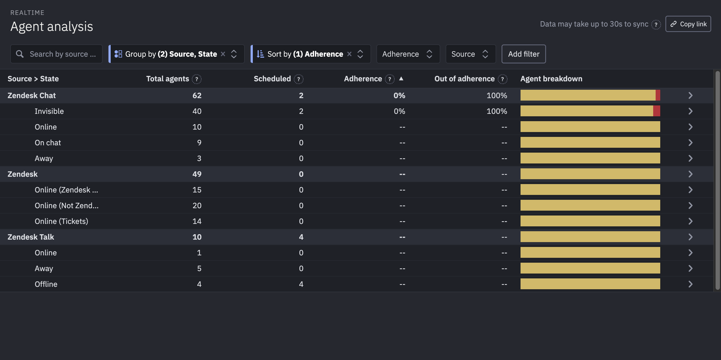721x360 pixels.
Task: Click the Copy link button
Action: point(688,24)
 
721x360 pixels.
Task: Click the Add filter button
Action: point(524,54)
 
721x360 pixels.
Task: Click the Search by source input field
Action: point(62,54)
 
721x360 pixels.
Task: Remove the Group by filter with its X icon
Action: point(223,54)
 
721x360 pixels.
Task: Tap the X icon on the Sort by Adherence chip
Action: point(349,54)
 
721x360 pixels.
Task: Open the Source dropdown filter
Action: point(470,54)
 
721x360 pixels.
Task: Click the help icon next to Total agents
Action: point(197,79)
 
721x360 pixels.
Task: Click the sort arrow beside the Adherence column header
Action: point(401,79)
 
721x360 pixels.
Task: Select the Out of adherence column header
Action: point(464,79)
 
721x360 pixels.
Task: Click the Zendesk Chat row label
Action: point(32,96)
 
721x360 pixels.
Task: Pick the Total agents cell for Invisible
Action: point(197,111)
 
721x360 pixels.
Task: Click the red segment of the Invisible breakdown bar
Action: point(656,111)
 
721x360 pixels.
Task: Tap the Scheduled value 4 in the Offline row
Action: point(301,284)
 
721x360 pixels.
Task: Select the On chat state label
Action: point(47,143)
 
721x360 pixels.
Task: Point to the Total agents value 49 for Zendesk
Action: point(197,174)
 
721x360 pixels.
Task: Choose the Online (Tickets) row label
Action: point(61,221)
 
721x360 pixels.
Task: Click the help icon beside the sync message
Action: point(656,25)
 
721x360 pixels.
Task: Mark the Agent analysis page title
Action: point(52,27)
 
